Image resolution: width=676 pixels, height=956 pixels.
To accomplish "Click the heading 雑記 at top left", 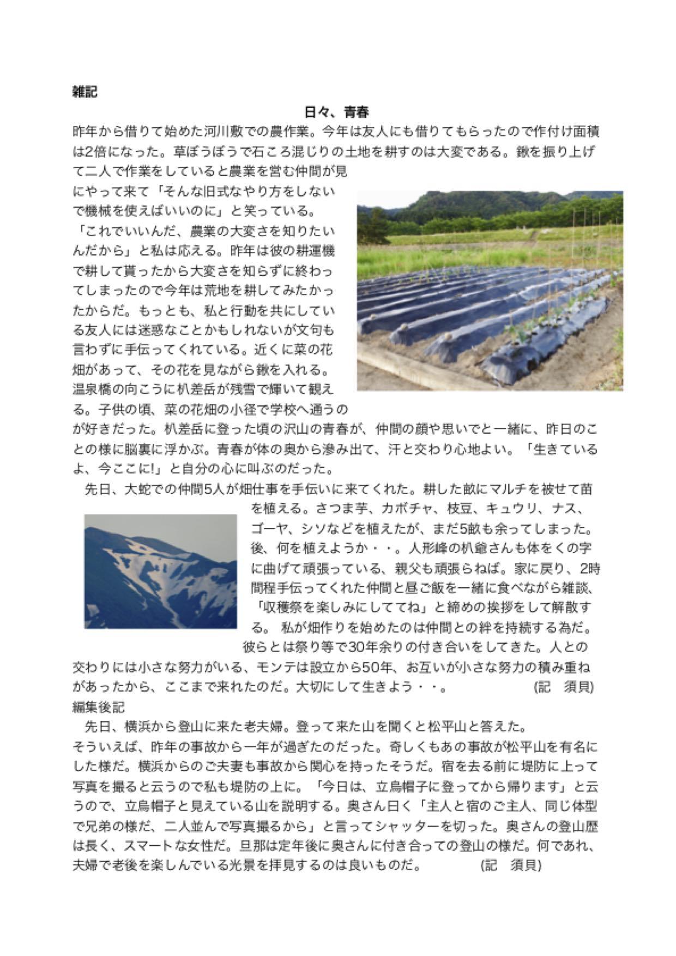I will (84, 92).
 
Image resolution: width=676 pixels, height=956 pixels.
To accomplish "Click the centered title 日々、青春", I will (336, 112).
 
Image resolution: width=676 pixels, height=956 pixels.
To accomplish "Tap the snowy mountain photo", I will (160, 571).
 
